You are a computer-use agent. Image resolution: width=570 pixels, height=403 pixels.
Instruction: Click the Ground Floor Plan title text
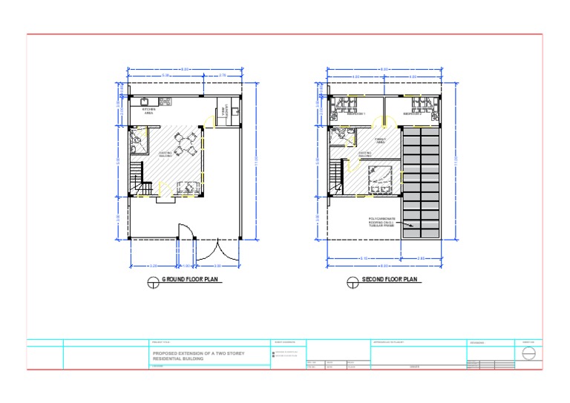(191, 281)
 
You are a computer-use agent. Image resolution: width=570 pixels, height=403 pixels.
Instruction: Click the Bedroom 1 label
(356, 114)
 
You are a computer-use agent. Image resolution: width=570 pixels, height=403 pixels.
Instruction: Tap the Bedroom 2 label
(413, 114)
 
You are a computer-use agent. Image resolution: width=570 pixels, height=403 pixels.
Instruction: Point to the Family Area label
(380, 140)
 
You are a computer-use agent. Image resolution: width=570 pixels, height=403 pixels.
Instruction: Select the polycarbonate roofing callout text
(384, 222)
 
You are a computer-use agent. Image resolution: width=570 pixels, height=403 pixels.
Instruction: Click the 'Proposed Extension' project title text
(198, 356)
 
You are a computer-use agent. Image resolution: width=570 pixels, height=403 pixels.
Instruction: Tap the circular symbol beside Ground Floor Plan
(154, 281)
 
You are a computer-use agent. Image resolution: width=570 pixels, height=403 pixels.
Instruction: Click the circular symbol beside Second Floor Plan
(353, 281)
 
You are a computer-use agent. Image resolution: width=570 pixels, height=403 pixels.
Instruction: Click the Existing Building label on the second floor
(366, 155)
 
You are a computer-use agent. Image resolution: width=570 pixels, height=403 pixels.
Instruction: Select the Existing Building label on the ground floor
(166, 154)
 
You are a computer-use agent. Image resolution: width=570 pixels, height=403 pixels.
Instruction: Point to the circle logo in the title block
(528, 353)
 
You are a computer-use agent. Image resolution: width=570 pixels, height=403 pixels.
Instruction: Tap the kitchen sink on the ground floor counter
(233, 113)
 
